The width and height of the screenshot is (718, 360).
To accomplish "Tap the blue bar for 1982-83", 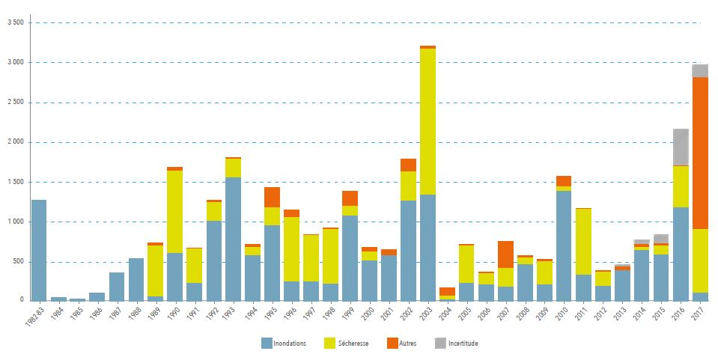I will coord(39,250).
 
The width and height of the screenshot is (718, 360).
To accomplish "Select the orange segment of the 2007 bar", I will coord(506,254).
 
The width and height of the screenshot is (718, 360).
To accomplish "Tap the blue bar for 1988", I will coord(136,279).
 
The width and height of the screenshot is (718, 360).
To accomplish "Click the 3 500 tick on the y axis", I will coord(16,22).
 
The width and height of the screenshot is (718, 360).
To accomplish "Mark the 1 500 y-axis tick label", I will coord(16,182).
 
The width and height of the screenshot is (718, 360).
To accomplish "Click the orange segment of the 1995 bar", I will coord(273,197).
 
